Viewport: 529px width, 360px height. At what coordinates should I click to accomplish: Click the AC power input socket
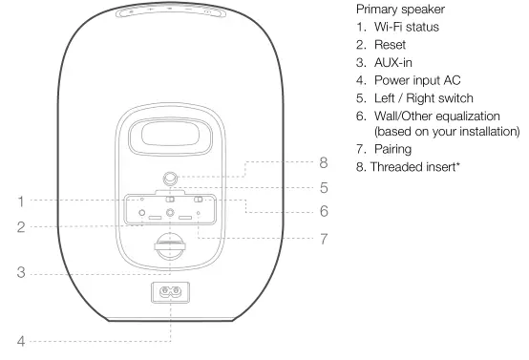pos(171,290)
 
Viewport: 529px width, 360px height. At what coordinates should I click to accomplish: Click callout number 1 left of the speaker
pos(20,201)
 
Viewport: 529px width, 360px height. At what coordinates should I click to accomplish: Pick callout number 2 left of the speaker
pos(20,227)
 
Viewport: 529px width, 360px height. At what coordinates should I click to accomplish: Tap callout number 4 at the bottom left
pos(20,339)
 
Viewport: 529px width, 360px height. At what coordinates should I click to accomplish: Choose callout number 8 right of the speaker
pos(323,163)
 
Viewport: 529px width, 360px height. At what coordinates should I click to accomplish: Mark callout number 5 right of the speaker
pos(323,187)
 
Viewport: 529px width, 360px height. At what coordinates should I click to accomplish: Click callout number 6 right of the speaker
pos(323,211)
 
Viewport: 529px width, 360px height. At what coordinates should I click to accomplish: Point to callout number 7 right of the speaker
pos(323,239)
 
